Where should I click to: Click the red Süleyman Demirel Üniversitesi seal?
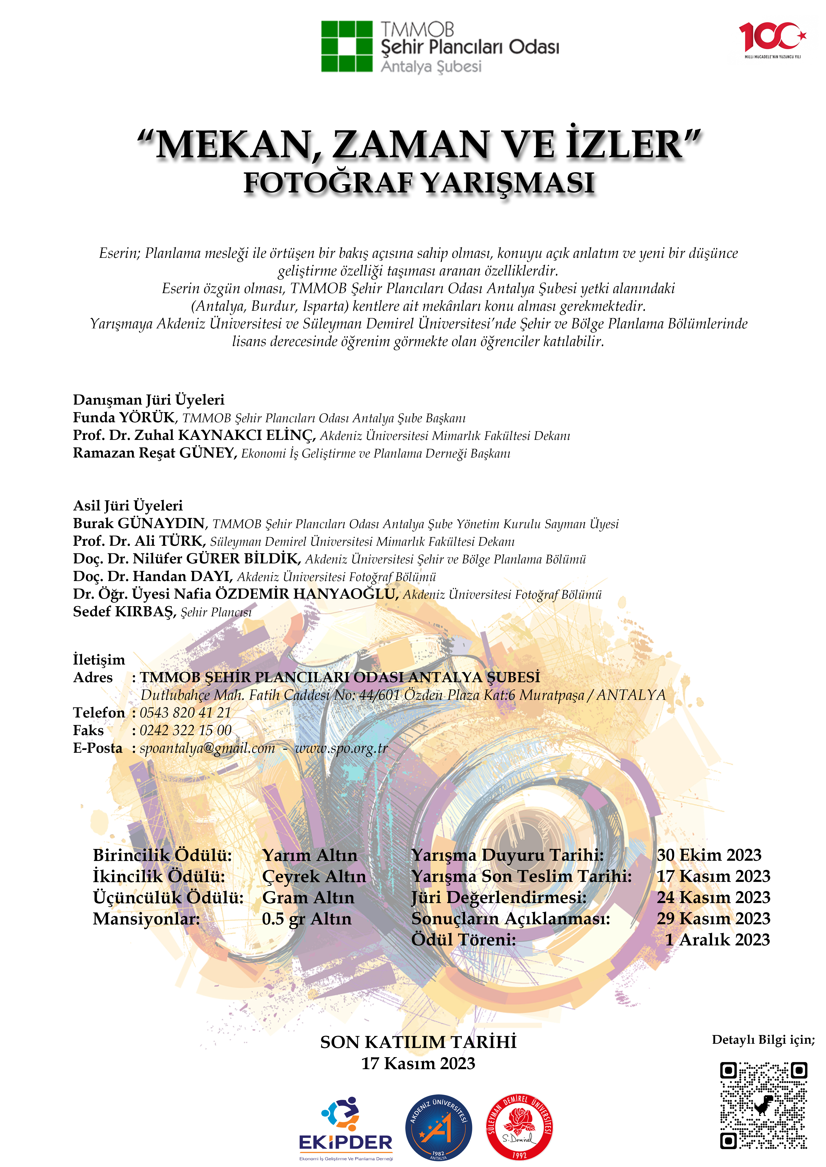pyautogui.click(x=519, y=1126)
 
